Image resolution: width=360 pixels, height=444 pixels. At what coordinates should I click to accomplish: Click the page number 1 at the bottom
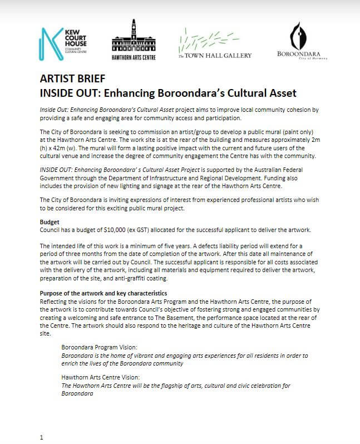tap(41, 437)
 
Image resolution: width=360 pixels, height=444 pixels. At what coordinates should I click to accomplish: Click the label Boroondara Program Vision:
tap(99, 346)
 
